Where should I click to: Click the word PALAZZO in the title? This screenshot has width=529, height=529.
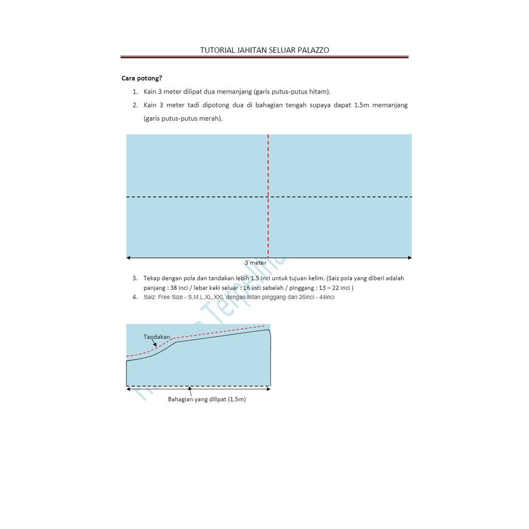(x=311, y=50)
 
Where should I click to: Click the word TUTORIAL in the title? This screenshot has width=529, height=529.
(x=216, y=50)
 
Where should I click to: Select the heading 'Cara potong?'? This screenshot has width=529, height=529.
(x=142, y=79)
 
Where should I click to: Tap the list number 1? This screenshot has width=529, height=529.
(x=134, y=92)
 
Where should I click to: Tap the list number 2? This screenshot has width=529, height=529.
(x=134, y=105)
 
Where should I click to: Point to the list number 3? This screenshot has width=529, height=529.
(x=134, y=278)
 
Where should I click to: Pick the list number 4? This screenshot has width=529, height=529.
(x=134, y=297)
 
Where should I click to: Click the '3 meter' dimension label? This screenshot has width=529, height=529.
(x=256, y=263)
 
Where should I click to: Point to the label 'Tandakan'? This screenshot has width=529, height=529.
(x=157, y=337)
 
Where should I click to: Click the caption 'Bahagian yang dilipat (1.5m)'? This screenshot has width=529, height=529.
(x=207, y=399)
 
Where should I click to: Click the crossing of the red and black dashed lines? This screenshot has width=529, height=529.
(x=268, y=197)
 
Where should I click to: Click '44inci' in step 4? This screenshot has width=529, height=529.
(x=325, y=297)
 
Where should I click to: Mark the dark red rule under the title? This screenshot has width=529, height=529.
(x=264, y=57)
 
